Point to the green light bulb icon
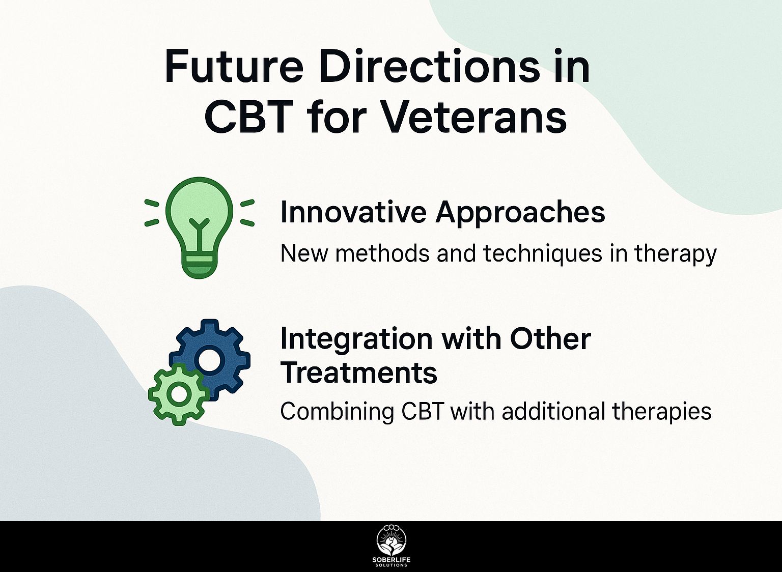(200, 227)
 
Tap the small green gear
(179, 394)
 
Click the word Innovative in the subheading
(352, 212)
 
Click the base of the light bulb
(199, 267)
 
